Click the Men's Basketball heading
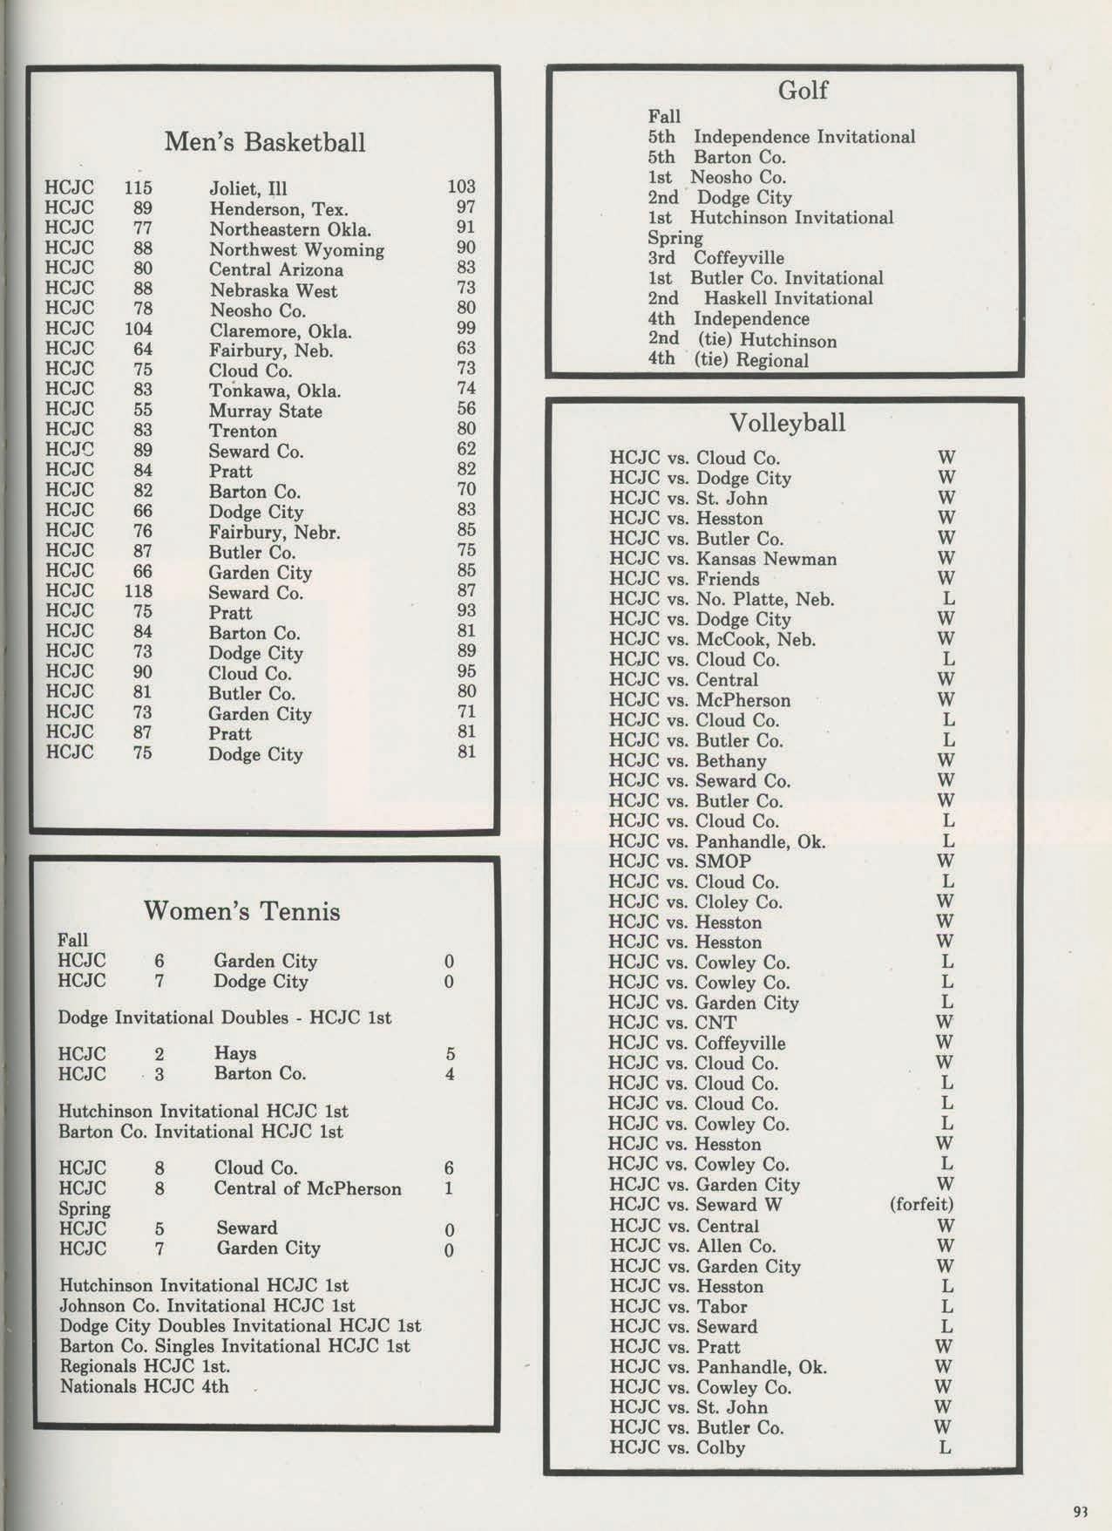(x=265, y=142)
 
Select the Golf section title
(x=802, y=91)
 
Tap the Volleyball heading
(x=787, y=424)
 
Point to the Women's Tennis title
(x=241, y=912)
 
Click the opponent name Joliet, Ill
(x=248, y=189)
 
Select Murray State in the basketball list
(x=265, y=412)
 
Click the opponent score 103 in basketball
(x=461, y=187)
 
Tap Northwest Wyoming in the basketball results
(x=296, y=250)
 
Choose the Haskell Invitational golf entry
(x=788, y=298)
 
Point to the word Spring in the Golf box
(x=675, y=238)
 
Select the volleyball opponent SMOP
(x=723, y=861)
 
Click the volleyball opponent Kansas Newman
(x=766, y=559)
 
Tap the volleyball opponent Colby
(x=720, y=1448)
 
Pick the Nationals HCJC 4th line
(x=144, y=1386)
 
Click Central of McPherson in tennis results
(x=308, y=1188)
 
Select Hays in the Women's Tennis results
(x=234, y=1053)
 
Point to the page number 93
(x=1081, y=1512)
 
